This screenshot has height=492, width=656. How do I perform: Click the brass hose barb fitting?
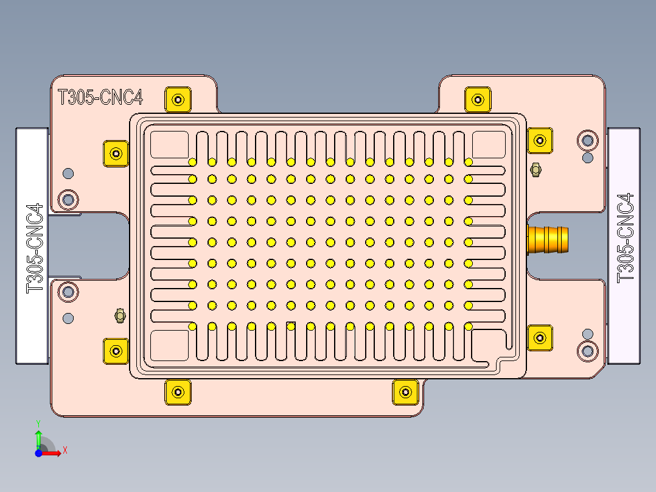tap(549, 239)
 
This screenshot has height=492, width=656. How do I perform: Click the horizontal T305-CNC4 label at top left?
tap(100, 97)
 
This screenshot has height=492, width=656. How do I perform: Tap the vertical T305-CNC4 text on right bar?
tap(626, 237)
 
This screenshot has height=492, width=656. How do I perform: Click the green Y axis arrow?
tap(38, 436)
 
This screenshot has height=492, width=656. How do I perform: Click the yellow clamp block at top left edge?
tap(178, 99)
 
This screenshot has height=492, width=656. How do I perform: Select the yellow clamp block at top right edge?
tap(478, 99)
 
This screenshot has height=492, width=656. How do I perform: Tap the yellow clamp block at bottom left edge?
tap(178, 392)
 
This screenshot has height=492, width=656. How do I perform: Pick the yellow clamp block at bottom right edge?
tap(405, 392)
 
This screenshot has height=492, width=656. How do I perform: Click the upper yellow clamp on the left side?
tap(116, 153)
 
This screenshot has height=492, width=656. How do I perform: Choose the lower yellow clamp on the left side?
tap(116, 351)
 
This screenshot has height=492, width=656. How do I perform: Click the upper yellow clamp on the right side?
tap(539, 141)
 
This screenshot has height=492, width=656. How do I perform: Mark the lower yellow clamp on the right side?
tap(539, 337)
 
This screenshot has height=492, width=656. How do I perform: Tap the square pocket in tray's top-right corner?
tap(489, 144)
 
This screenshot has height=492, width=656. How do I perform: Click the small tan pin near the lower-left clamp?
tap(120, 315)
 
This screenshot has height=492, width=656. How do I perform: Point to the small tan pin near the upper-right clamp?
tap(536, 169)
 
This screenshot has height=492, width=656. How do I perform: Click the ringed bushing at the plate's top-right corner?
tap(587, 140)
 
